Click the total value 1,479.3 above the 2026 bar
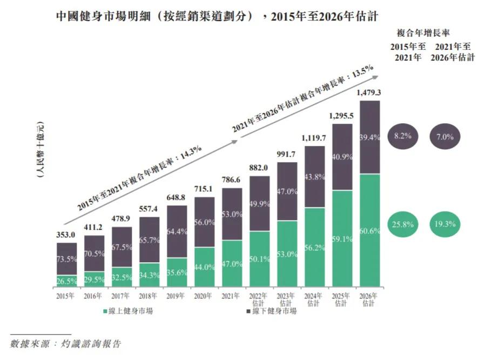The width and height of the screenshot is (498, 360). pyautogui.click(x=370, y=93)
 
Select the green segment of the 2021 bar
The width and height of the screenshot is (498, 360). pyautogui.click(x=232, y=263)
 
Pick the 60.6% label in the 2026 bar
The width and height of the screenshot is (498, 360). pyautogui.click(x=370, y=231)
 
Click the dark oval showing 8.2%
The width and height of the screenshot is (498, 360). pyautogui.click(x=403, y=136)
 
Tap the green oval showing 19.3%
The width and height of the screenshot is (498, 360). pyautogui.click(x=447, y=223)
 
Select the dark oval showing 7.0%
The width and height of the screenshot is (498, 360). pyautogui.click(x=447, y=136)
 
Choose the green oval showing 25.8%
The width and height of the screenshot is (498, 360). pyautogui.click(x=403, y=223)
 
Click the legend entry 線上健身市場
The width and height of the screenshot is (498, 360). pyautogui.click(x=127, y=311)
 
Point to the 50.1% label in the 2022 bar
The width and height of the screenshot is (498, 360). pyautogui.click(x=260, y=259)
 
